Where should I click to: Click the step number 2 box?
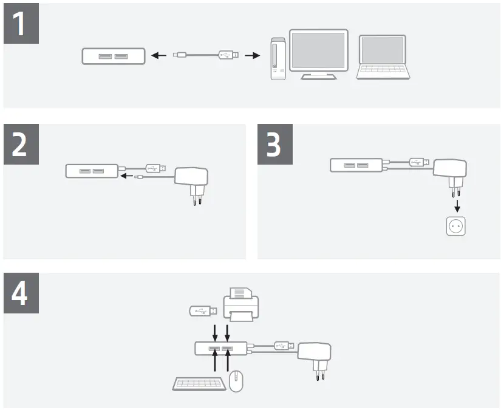pos(22,144)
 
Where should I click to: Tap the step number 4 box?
pos(22,293)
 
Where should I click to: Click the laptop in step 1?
pos(383,58)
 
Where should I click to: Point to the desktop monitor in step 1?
pos(318,53)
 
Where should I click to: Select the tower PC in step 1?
pos(278,58)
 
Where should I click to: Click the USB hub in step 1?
pos(114,56)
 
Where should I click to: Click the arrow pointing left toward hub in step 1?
pos(158,56)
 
